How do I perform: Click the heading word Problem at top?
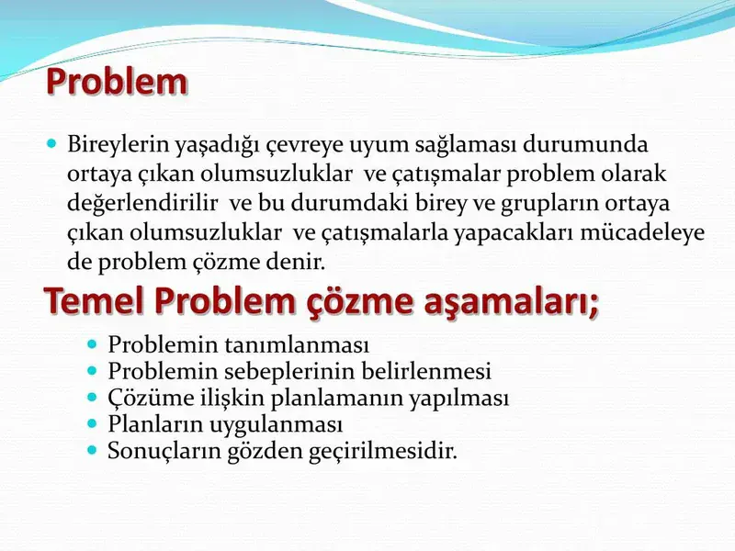tap(117, 82)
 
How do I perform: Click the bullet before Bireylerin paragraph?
tap(52, 144)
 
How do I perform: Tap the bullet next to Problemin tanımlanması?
tap(92, 344)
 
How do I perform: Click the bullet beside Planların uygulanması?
tap(92, 424)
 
